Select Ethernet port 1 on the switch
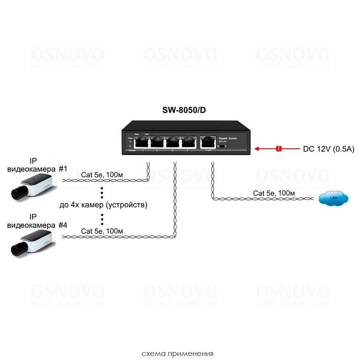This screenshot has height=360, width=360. pos(142,142)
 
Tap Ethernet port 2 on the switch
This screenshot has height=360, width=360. pos(157,142)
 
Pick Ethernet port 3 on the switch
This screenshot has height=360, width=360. pos(172,142)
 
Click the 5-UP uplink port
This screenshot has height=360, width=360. pos(208,142)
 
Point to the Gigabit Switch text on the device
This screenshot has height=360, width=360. pos(228,138)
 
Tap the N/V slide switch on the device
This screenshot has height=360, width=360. pos(222,146)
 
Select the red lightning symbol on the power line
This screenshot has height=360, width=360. pos(279,149)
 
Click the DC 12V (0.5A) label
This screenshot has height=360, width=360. pos(328,149)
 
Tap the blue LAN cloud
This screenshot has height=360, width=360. pos(333,198)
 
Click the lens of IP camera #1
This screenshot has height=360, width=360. pos(16,195)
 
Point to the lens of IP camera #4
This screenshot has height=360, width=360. pos(16,250)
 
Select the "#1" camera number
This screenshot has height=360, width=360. pos(63,169)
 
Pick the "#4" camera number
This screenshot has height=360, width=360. pos(63,225)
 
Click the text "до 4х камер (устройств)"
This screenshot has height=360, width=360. pos(103,206)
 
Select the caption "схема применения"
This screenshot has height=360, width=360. pos(178,354)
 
